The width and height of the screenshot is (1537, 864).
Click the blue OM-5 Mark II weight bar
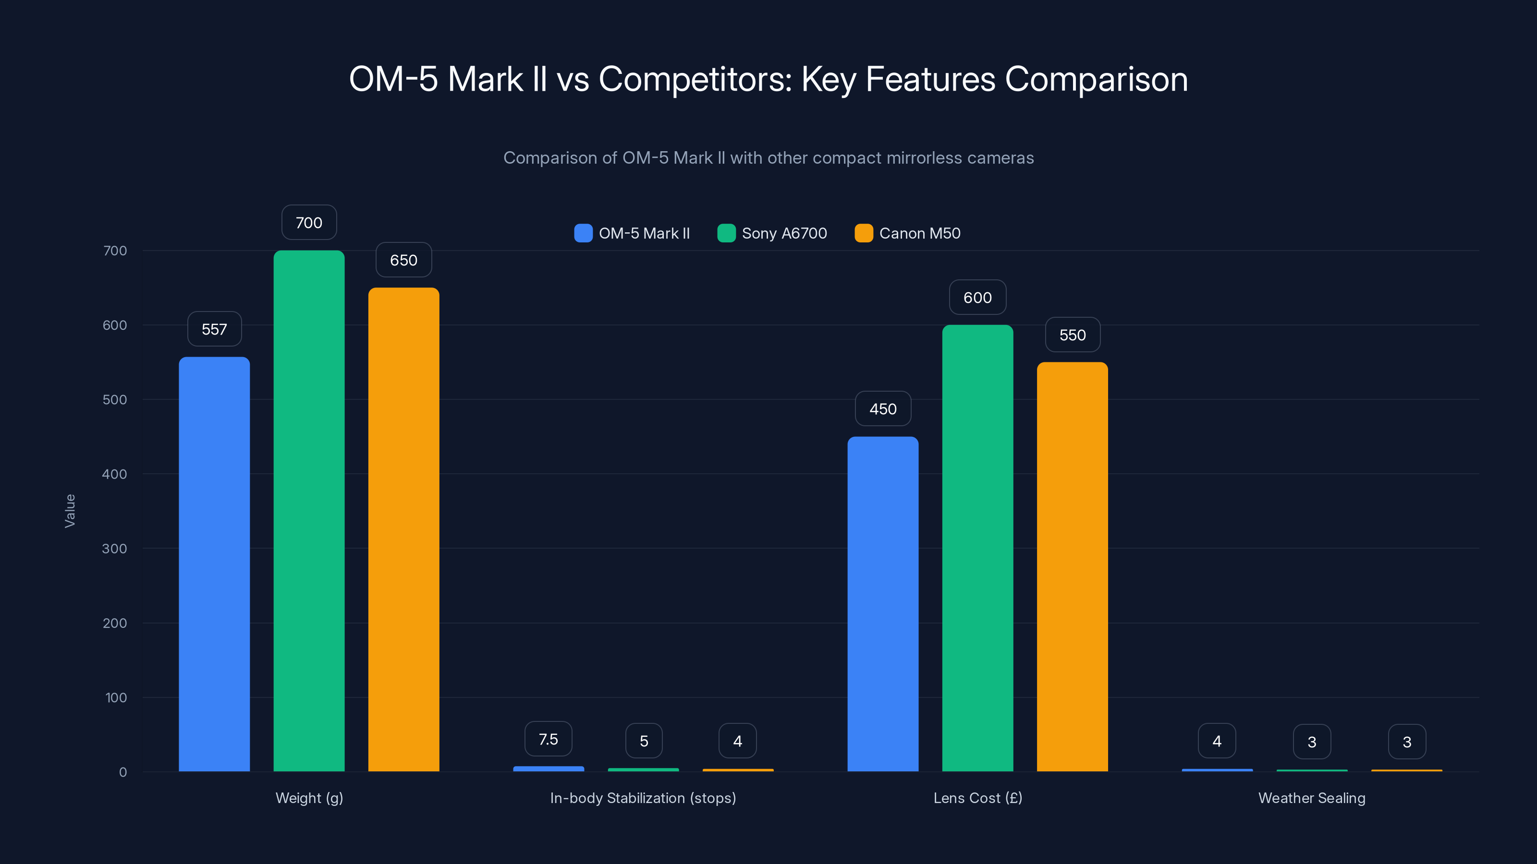[214, 564]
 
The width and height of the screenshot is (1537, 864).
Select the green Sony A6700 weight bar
[309, 510]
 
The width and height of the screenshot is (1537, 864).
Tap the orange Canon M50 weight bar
[403, 529]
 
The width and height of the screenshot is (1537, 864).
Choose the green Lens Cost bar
[977, 547]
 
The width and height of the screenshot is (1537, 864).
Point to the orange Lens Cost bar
[1072, 566]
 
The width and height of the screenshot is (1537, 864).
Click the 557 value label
[214, 329]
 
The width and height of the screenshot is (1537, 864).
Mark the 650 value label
[403, 260]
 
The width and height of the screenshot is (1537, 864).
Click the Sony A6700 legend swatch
[726, 233]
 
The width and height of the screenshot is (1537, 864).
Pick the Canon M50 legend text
[919, 233]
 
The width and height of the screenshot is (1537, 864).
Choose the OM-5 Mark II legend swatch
[583, 233]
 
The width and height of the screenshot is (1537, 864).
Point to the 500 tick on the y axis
[115, 399]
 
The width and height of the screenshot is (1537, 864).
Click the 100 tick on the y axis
[116, 697]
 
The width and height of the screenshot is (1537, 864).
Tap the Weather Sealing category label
[1311, 798]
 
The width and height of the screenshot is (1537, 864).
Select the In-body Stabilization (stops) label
[643, 798]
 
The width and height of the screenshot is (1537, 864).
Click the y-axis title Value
[70, 510]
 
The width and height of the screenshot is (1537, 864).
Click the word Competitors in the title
[695, 79]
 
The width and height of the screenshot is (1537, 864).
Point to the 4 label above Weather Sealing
[1217, 741]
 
